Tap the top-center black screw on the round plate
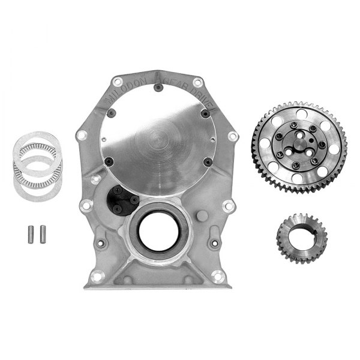click(x=157, y=87)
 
